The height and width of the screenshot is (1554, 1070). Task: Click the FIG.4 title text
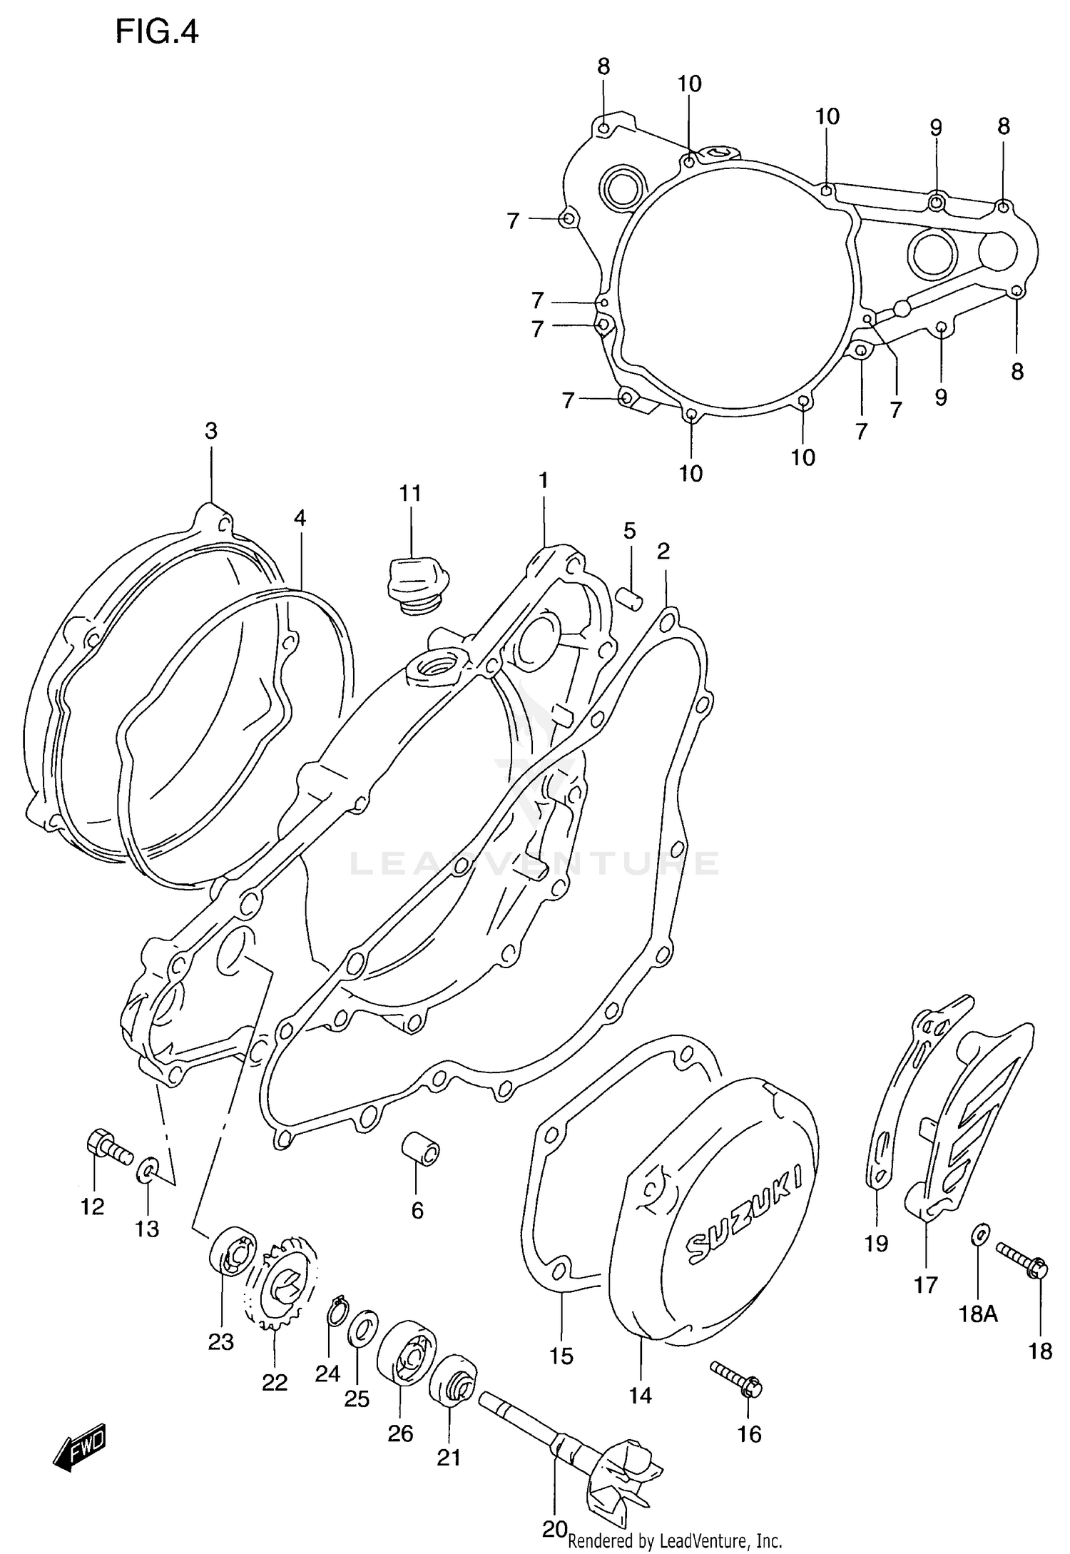(157, 33)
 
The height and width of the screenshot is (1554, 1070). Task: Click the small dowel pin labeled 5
(631, 597)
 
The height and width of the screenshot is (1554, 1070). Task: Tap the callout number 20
(554, 1529)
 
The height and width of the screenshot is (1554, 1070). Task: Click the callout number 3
(211, 431)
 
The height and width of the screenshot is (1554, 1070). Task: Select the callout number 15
(561, 1355)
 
